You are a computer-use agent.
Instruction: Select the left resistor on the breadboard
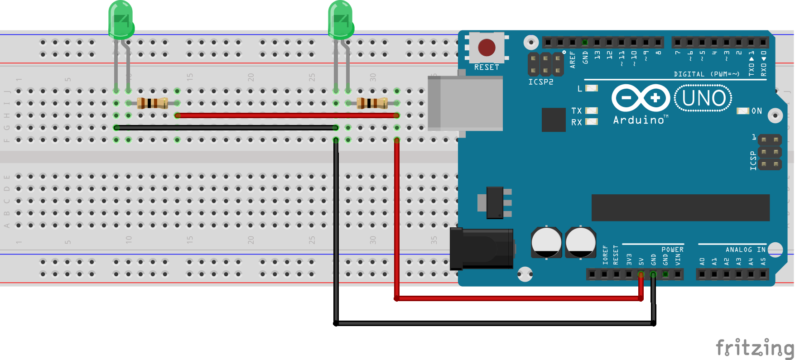(152, 103)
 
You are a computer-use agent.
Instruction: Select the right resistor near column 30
(372, 103)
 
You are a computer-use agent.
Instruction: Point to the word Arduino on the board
(639, 120)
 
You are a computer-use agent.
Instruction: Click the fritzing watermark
(754, 348)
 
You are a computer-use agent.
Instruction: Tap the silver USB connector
(465, 104)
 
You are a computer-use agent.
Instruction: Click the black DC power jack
(482, 249)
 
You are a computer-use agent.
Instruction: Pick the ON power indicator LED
(742, 111)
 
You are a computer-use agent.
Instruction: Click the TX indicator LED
(592, 110)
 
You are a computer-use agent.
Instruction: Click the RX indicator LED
(592, 122)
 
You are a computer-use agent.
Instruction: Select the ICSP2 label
(540, 82)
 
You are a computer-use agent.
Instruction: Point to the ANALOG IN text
(745, 250)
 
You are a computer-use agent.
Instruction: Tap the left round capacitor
(546, 243)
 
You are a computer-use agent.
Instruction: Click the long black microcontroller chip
(680, 208)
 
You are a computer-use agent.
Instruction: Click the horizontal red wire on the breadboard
(287, 115)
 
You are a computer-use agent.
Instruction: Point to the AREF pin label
(573, 60)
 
